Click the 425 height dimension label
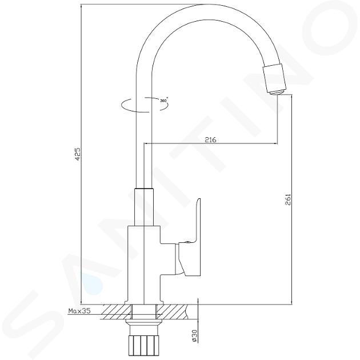(78, 154)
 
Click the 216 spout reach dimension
(210, 139)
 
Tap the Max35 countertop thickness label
(79, 311)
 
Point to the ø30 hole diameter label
(194, 336)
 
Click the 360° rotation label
(163, 100)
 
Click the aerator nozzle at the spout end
(275, 79)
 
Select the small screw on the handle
(187, 242)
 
